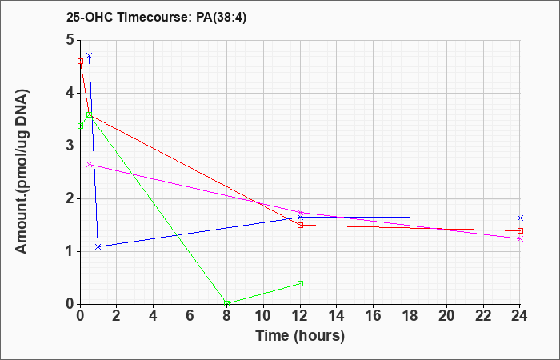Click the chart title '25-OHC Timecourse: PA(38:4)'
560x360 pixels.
click(157, 17)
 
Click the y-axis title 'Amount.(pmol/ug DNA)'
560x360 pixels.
click(22, 171)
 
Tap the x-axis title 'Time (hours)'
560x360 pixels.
click(300, 336)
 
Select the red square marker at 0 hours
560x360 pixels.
click(80, 62)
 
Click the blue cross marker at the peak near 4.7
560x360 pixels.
click(90, 56)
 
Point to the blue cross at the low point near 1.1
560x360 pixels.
click(98, 246)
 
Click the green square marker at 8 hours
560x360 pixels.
click(226, 303)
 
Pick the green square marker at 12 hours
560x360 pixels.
click(300, 283)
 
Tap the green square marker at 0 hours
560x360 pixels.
click(80, 126)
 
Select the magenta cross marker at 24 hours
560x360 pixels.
click(520, 239)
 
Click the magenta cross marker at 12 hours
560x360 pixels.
click(300, 213)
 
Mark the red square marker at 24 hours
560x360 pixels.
click(520, 230)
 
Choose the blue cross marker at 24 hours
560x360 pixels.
click(520, 218)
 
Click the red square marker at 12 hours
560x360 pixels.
click(300, 225)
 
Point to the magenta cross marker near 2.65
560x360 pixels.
click(90, 165)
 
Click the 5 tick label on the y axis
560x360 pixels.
click(70, 40)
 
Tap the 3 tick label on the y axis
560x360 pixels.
click(70, 146)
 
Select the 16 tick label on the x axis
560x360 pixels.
click(374, 316)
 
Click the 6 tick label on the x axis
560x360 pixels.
click(190, 316)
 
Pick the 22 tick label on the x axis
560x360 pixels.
click(483, 316)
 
